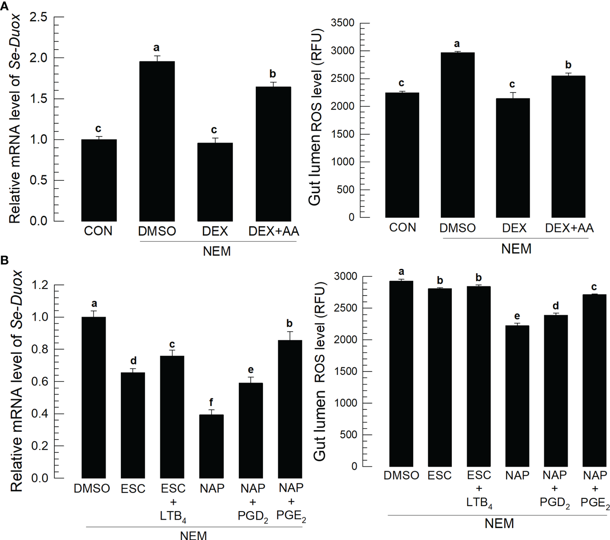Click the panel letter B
point(4,260)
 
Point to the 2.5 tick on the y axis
point(39,17)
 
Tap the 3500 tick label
point(342,23)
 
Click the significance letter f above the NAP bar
point(211,402)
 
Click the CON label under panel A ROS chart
point(403,228)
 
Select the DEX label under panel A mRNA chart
point(215,231)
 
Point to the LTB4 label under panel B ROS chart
point(479,503)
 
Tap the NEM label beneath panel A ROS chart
point(516,249)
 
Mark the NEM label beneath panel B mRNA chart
point(193,535)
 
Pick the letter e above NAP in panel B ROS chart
point(517,316)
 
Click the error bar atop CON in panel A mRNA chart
point(99,137)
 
